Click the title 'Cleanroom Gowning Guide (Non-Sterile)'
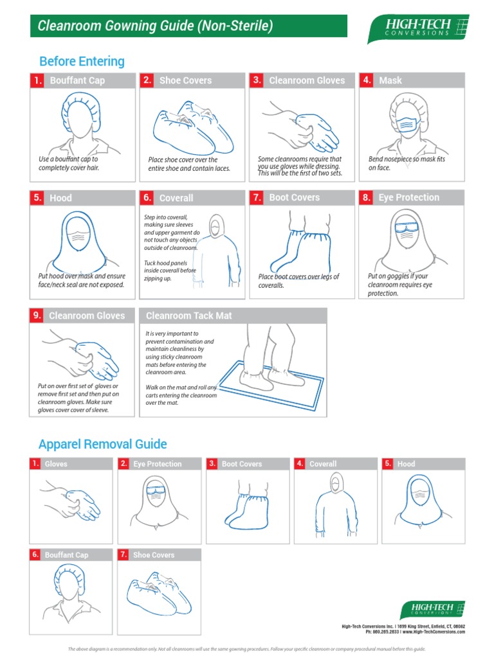point(155,26)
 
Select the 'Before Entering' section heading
point(82,62)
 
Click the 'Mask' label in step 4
point(390,80)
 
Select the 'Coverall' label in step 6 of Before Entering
point(176,198)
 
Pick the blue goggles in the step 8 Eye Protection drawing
point(406,227)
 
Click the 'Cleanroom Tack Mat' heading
point(189,316)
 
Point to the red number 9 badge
point(37,316)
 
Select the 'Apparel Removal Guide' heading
point(102,444)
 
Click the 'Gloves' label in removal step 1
point(56,464)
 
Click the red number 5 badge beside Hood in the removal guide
point(388,463)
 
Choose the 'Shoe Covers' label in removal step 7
point(154,555)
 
